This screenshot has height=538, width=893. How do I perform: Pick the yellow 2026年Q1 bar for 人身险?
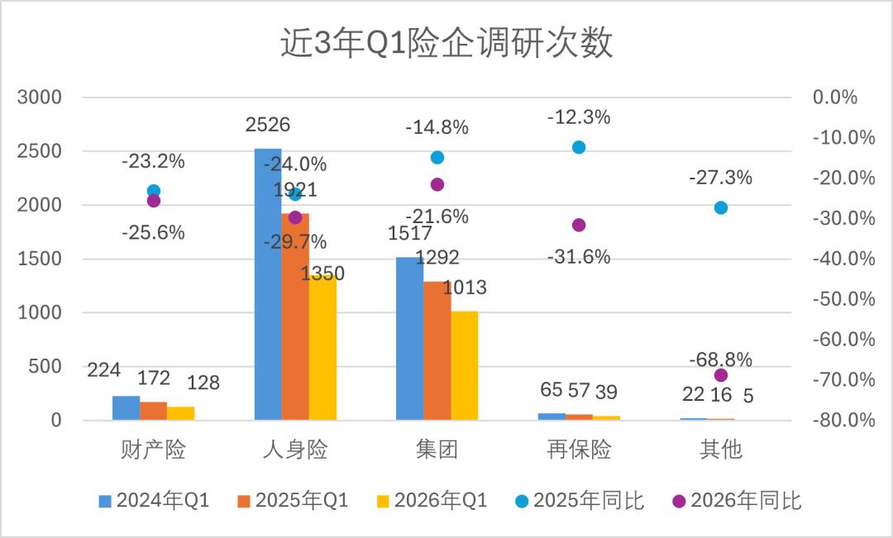pos(322,347)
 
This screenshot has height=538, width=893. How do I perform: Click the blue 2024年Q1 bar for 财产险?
pos(126,407)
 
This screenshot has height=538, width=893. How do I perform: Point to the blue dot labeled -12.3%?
pos(579,147)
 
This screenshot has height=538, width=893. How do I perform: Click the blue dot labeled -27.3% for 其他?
pos(720,207)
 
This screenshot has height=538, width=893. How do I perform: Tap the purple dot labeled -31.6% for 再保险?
pos(579,225)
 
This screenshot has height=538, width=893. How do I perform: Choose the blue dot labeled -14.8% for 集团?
pos(437,158)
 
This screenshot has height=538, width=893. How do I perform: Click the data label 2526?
pos(268,126)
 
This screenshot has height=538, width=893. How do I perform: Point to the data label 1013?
pos(465,288)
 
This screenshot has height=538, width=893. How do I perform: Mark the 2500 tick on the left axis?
pos(40,151)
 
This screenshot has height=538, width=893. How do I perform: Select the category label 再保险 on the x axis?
pos(579,450)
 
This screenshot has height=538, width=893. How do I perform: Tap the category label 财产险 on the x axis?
pos(153,450)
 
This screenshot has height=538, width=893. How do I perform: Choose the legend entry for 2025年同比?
pos(579,501)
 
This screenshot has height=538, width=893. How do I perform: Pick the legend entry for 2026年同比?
pos(736,501)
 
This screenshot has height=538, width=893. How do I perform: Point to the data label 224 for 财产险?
pos(103,370)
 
